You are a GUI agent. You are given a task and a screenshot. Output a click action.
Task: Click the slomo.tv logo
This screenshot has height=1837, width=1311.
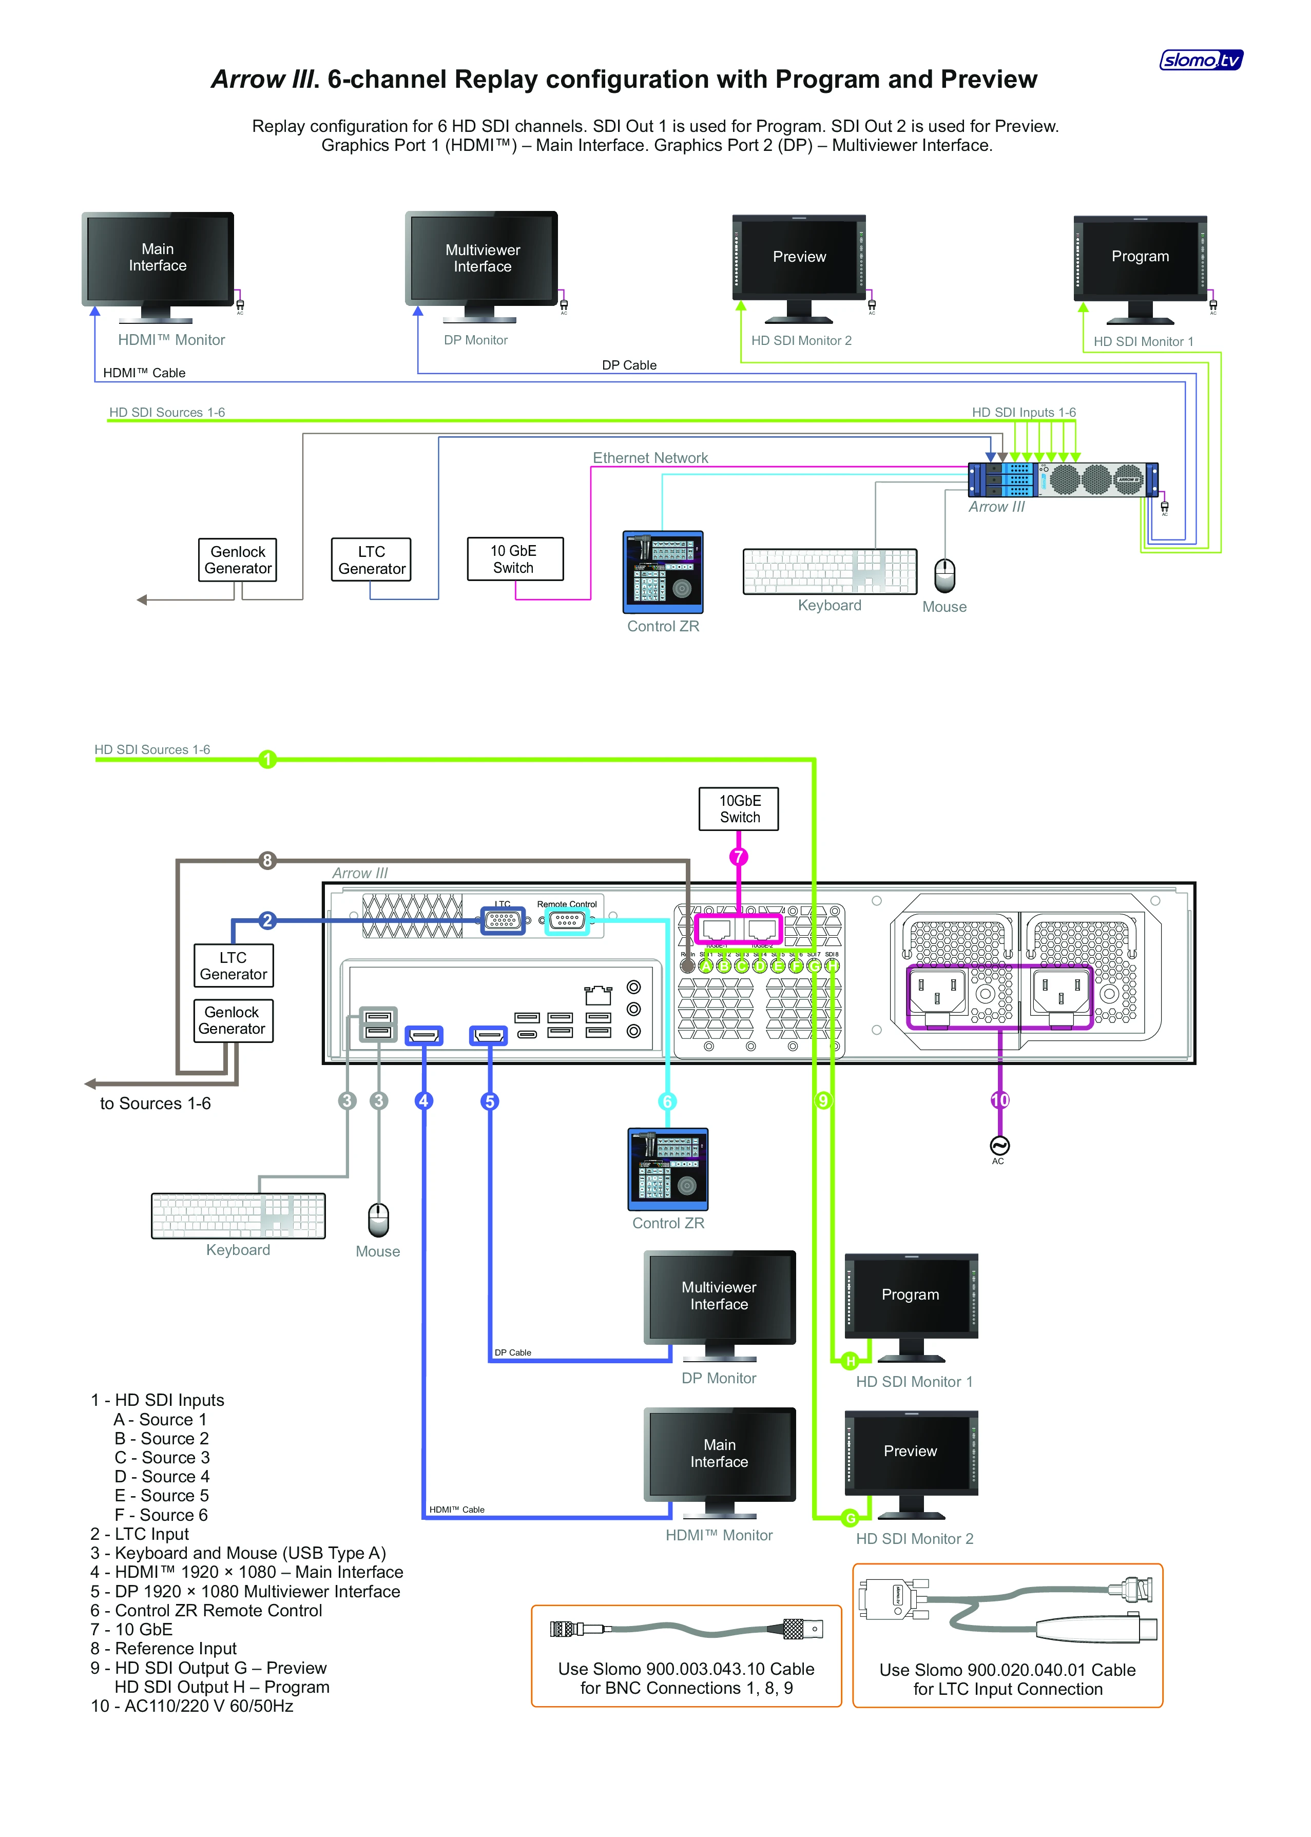coord(1201,60)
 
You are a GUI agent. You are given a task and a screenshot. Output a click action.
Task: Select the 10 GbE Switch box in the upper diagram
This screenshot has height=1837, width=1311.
coord(514,558)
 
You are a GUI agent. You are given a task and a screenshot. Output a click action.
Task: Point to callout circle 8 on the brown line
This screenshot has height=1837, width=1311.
coord(267,860)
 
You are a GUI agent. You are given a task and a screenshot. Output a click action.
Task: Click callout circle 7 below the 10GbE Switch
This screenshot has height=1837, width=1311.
coord(738,857)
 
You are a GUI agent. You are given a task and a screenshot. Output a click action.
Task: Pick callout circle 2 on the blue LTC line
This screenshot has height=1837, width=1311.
coord(267,920)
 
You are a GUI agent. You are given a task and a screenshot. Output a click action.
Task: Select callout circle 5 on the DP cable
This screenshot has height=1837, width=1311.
coord(489,1101)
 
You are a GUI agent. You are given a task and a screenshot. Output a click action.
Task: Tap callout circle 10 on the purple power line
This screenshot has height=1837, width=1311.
coord(999,1100)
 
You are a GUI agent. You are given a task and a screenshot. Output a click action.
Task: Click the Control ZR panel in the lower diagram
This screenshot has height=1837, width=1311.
coord(668,1169)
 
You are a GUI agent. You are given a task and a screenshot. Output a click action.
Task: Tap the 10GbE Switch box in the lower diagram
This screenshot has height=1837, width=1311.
coord(739,809)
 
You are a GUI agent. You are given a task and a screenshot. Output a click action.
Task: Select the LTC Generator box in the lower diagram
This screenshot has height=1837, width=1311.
coord(233,965)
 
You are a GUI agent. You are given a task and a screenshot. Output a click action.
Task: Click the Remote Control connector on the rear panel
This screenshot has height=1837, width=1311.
coord(567,920)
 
